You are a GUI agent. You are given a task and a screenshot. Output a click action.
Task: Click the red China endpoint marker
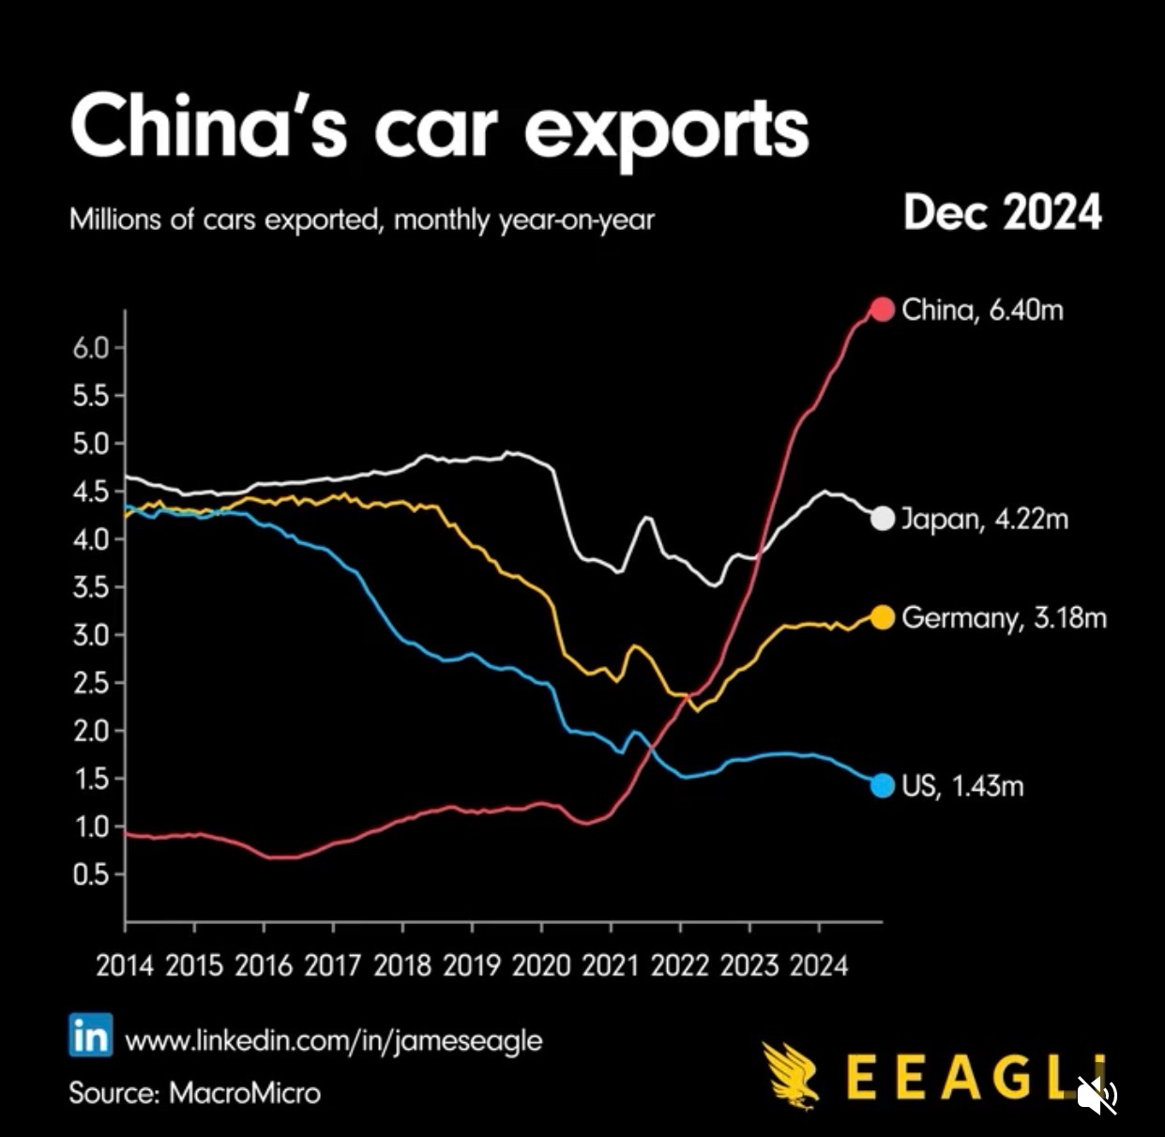tap(883, 309)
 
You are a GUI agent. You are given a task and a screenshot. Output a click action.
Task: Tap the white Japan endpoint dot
tap(883, 518)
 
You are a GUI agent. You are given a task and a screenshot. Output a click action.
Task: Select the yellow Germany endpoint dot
tap(883, 617)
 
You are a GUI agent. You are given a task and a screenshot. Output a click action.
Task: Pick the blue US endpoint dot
tap(883, 785)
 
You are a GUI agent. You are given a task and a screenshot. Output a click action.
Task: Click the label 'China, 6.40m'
tap(982, 310)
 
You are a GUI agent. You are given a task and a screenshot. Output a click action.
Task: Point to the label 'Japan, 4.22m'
tap(984, 519)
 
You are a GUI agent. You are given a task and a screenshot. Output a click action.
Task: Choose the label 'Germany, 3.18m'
tap(1004, 618)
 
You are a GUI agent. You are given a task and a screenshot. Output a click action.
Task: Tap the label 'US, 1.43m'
tap(962, 786)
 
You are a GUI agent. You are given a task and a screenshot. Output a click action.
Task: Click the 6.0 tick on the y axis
tap(91, 348)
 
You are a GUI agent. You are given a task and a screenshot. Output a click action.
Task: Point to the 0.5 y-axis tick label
tap(91, 874)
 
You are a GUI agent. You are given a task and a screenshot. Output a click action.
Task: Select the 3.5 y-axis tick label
tap(91, 587)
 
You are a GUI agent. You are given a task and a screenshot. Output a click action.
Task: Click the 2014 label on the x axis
tap(124, 965)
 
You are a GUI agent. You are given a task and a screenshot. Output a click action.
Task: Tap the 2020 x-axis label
tap(540, 965)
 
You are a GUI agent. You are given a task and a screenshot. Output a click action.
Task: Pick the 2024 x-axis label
tap(818, 965)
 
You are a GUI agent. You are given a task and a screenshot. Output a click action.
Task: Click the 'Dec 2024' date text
tap(1002, 213)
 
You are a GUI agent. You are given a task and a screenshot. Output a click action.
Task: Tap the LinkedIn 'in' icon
tap(91, 1036)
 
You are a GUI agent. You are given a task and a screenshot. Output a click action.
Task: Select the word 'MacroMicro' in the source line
tap(245, 1093)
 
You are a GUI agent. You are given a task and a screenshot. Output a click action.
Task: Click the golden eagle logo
tap(790, 1075)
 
